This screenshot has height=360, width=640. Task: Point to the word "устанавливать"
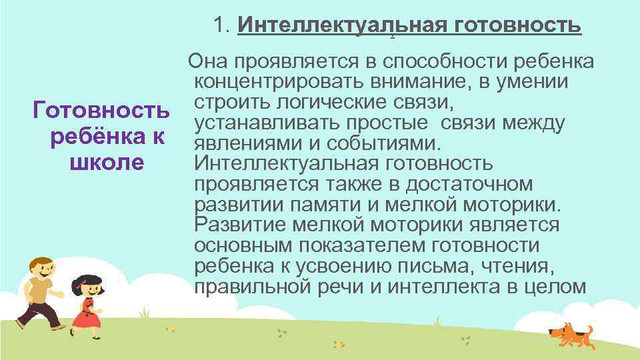click(267, 123)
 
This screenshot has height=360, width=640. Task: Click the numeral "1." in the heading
click(223, 26)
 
